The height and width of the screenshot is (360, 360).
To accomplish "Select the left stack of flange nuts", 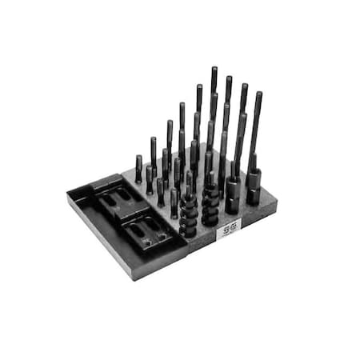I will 189,214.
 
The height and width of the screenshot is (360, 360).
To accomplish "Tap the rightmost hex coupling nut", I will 253,190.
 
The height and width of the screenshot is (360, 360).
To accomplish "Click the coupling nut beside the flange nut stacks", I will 232,195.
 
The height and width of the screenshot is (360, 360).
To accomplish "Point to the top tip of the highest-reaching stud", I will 214,69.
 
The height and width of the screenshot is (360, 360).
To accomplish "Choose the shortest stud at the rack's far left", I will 138,168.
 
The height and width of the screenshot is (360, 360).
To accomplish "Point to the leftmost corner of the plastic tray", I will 67,193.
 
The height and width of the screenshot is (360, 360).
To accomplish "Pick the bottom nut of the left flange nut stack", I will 189,232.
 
